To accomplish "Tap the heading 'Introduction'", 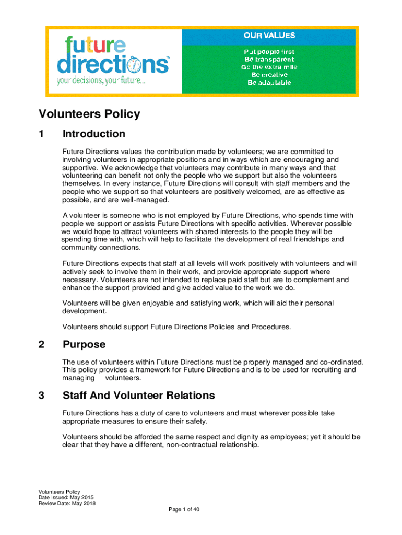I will pyautogui.click(x=94, y=134).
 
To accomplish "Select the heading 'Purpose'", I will pyautogui.click(x=84, y=344).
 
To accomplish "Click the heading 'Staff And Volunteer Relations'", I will pyautogui.click(x=138, y=395).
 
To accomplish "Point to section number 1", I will pyautogui.click(x=41, y=134).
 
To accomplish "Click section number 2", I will pyautogui.click(x=41, y=344).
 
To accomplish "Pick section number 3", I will pyautogui.click(x=41, y=395).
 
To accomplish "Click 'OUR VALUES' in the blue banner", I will pyautogui.click(x=269, y=36).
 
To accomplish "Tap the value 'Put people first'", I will pyautogui.click(x=269, y=52).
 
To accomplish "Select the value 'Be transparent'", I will pyautogui.click(x=269, y=60).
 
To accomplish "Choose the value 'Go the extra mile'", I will pyautogui.click(x=269, y=67).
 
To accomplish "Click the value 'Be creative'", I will pyautogui.click(x=269, y=75).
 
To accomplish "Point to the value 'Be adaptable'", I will pyautogui.click(x=269, y=83).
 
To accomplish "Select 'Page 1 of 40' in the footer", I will pyautogui.click(x=184, y=510).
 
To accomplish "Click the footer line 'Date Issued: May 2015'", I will pyautogui.click(x=66, y=497).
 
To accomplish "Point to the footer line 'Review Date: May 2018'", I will pyautogui.click(x=67, y=503).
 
